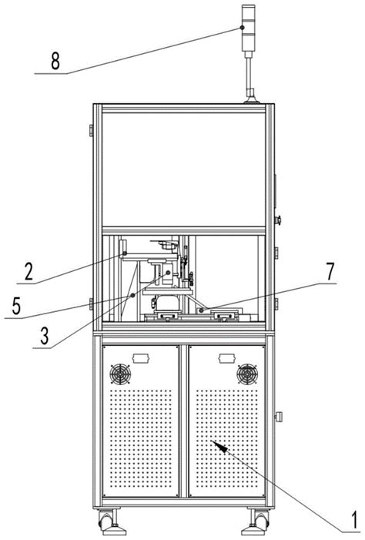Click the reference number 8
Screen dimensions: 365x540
(55, 62)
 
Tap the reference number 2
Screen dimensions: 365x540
(29, 271)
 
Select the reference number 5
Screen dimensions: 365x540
(16, 306)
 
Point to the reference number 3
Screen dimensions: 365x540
(45, 336)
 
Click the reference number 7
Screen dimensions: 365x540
(330, 271)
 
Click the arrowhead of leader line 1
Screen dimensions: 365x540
(219, 446)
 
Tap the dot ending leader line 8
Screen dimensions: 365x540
(242, 28)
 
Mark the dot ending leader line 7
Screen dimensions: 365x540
(202, 310)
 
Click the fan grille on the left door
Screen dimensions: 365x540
(120, 374)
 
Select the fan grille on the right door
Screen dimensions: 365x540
(247, 374)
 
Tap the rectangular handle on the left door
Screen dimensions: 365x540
(140, 358)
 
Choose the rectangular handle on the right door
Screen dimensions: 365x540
(227, 358)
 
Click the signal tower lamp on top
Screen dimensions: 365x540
(248, 29)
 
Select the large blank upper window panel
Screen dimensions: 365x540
(183, 169)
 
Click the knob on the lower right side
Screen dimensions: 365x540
(278, 417)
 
